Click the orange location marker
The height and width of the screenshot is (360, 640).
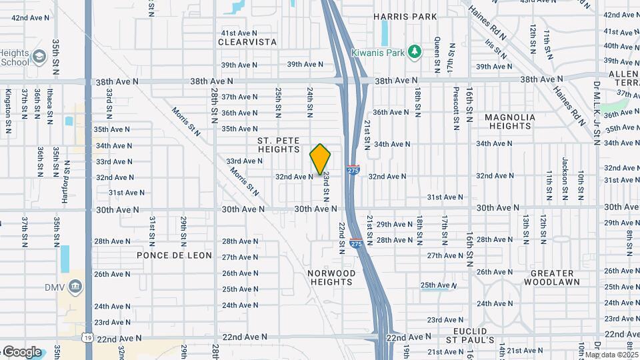(321, 159)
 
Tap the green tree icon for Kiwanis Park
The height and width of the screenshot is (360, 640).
(415, 51)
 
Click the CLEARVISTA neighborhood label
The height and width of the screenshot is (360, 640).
(247, 41)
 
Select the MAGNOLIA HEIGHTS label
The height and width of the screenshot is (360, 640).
(509, 121)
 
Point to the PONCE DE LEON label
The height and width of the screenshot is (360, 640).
(175, 255)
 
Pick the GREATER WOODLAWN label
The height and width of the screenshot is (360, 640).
(552, 277)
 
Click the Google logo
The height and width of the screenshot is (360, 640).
(22, 351)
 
